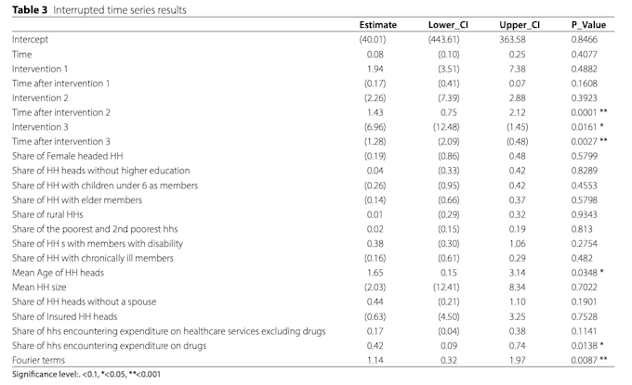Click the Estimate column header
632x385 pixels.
[x=377, y=25]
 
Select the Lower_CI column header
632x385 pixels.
[x=448, y=25]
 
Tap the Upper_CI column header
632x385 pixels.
[x=520, y=25]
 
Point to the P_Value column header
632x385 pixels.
[x=588, y=25]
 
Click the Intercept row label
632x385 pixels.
[x=30, y=39]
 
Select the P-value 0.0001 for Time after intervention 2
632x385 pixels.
[x=584, y=112]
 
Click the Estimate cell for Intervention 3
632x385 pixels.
[x=375, y=127]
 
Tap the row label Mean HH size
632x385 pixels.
[x=39, y=288]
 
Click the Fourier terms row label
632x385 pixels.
[x=38, y=360]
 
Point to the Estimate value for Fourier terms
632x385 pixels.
[x=375, y=360]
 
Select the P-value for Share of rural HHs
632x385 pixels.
[x=584, y=214]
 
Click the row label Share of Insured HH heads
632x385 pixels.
[x=64, y=316]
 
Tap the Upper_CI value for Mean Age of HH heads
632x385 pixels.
[x=517, y=273]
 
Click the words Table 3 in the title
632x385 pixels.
[x=30, y=10]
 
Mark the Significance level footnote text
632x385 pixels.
[x=86, y=374]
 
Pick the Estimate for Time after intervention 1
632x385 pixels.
[x=375, y=83]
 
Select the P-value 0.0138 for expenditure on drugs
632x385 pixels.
[x=584, y=346]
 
